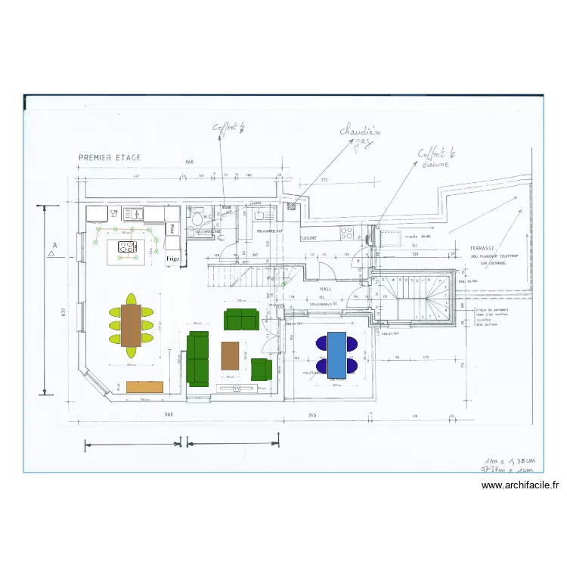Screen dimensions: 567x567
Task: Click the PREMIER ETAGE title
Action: click(x=109, y=158)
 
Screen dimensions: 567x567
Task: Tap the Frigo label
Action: click(x=173, y=258)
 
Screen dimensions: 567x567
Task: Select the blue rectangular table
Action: click(x=337, y=354)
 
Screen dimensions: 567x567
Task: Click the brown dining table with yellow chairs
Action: click(x=131, y=325)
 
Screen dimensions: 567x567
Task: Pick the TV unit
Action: click(x=237, y=389)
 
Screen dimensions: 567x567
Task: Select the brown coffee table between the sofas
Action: click(x=231, y=355)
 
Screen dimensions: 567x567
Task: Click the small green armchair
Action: click(x=261, y=369)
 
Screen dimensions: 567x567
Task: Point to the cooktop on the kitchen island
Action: click(x=126, y=246)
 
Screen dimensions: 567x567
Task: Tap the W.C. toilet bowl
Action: click(x=197, y=219)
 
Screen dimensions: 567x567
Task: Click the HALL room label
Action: click(x=326, y=289)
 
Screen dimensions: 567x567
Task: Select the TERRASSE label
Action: click(x=482, y=248)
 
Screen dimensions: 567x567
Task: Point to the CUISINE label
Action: click(x=308, y=237)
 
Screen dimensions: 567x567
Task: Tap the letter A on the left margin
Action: click(x=54, y=245)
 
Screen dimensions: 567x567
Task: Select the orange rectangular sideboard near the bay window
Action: click(x=145, y=387)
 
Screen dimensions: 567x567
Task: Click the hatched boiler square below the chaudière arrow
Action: click(x=291, y=205)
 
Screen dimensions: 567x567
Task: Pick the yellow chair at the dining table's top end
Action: click(x=131, y=299)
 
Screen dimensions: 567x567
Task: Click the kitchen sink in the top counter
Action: click(x=133, y=214)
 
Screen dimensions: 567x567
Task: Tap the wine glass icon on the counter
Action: click(x=113, y=214)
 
